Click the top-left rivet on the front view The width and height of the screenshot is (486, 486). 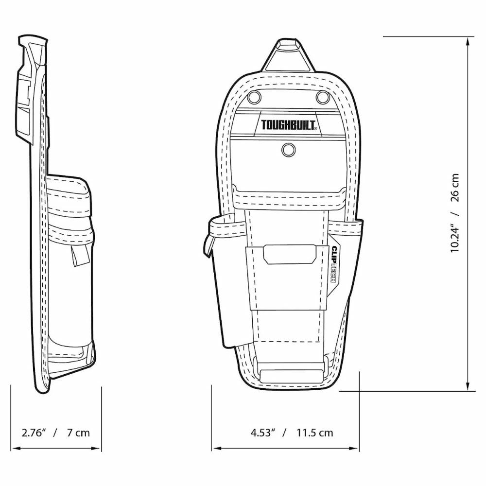click(254, 97)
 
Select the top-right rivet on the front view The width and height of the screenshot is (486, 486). click(322, 97)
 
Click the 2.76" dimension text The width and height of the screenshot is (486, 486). click(34, 433)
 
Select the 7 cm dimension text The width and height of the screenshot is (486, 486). click(78, 433)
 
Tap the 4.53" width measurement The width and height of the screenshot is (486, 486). click(263, 433)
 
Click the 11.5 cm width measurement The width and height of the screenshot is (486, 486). click(315, 433)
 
